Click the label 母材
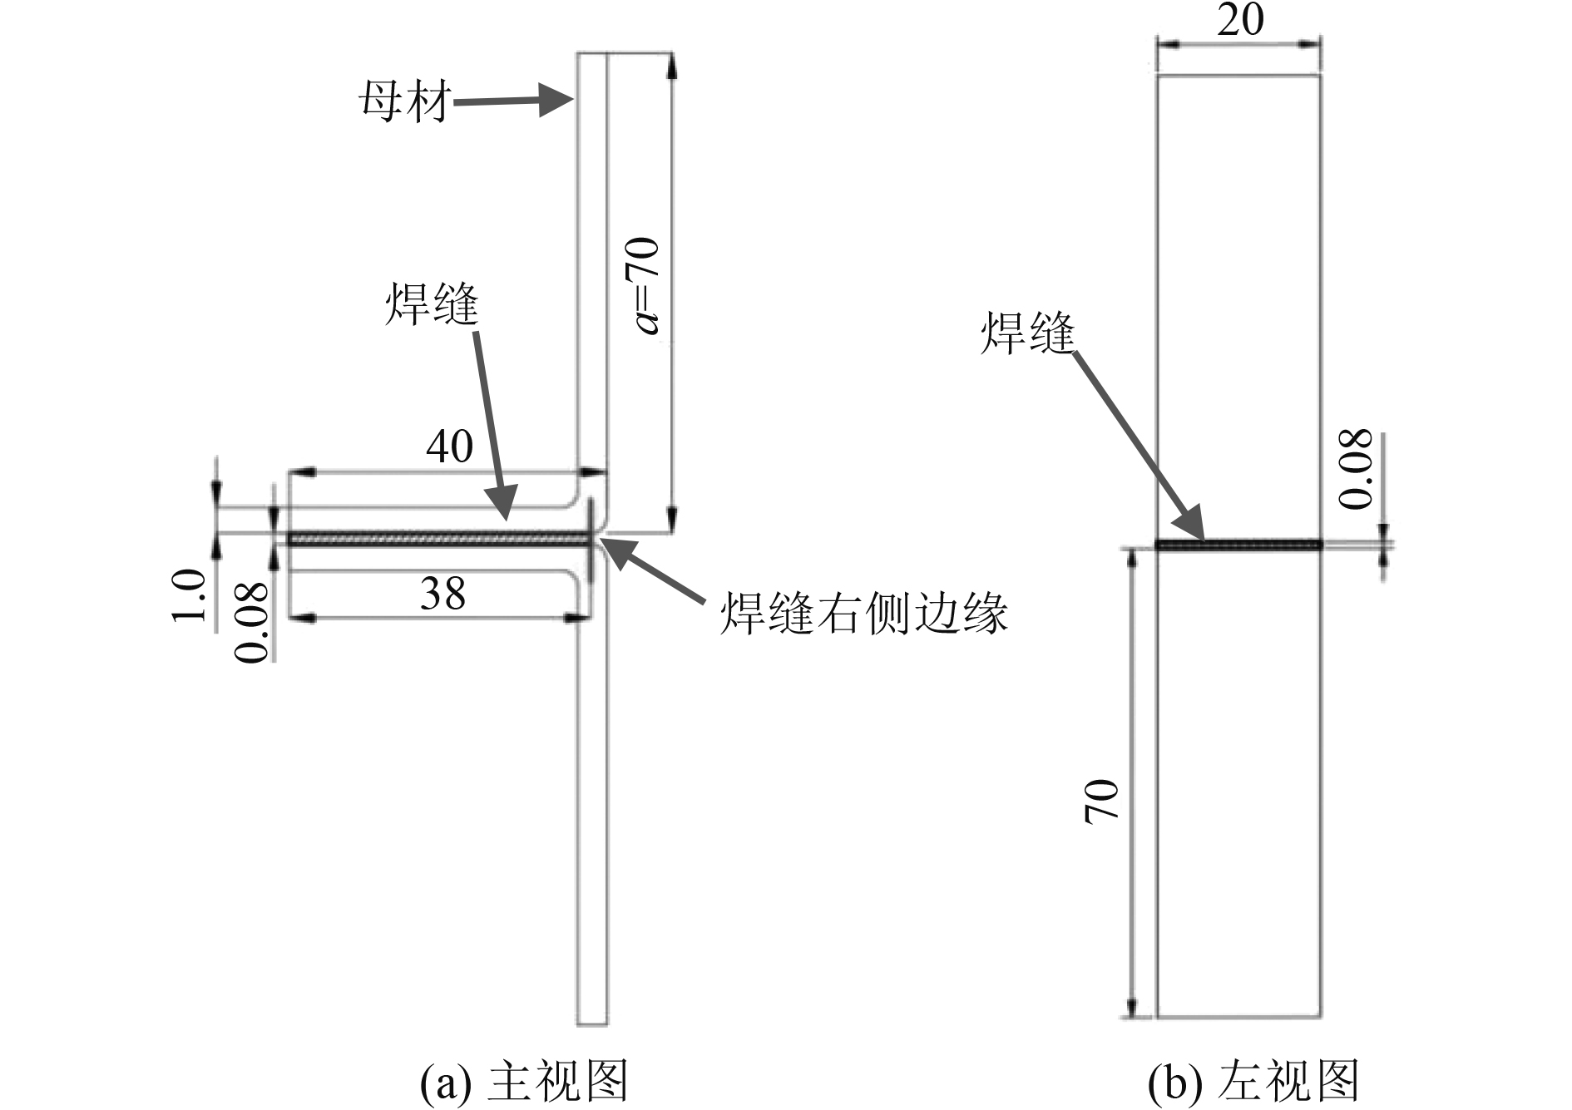pyautogui.click(x=404, y=102)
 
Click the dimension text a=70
pyautogui.click(x=647, y=285)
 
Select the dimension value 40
pyautogui.click(x=449, y=446)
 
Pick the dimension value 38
pyautogui.click(x=442, y=594)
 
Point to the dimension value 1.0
pyautogui.click(x=189, y=594)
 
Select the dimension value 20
pyautogui.click(x=1240, y=20)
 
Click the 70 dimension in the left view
pyautogui.click(x=1101, y=801)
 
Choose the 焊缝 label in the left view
pyautogui.click(x=1028, y=334)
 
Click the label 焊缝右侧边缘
pyautogui.click(x=863, y=614)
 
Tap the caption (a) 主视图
pyautogui.click(x=523, y=1082)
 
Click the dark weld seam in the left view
pyautogui.click(x=1239, y=545)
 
